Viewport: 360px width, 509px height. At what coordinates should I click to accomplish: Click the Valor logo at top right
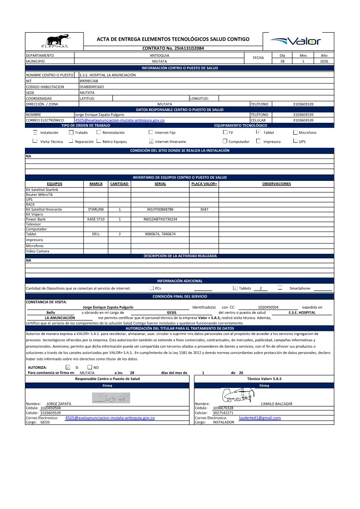(295, 41)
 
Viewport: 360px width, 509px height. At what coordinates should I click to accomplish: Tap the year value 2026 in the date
(324, 61)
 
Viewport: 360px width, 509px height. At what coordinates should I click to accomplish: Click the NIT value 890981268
(88, 81)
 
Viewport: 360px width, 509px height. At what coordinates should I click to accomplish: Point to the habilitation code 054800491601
(92, 86)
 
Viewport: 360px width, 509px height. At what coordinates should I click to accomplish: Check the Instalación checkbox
(35, 132)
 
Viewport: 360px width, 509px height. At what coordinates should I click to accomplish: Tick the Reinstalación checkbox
(99, 132)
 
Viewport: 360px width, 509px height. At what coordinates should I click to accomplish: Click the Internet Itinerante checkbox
(151, 141)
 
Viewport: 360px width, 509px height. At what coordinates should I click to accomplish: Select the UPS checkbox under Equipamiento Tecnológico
(296, 141)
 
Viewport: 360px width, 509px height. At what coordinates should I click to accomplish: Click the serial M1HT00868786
(161, 210)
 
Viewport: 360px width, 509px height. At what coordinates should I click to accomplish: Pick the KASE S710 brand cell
(96, 219)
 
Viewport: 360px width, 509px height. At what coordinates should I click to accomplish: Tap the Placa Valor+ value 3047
(204, 210)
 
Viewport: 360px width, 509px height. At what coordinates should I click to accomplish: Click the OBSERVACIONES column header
(276, 184)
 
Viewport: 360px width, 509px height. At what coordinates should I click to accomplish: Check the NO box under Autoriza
(89, 367)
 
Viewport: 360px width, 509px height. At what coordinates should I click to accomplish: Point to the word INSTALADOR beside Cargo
(223, 422)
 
